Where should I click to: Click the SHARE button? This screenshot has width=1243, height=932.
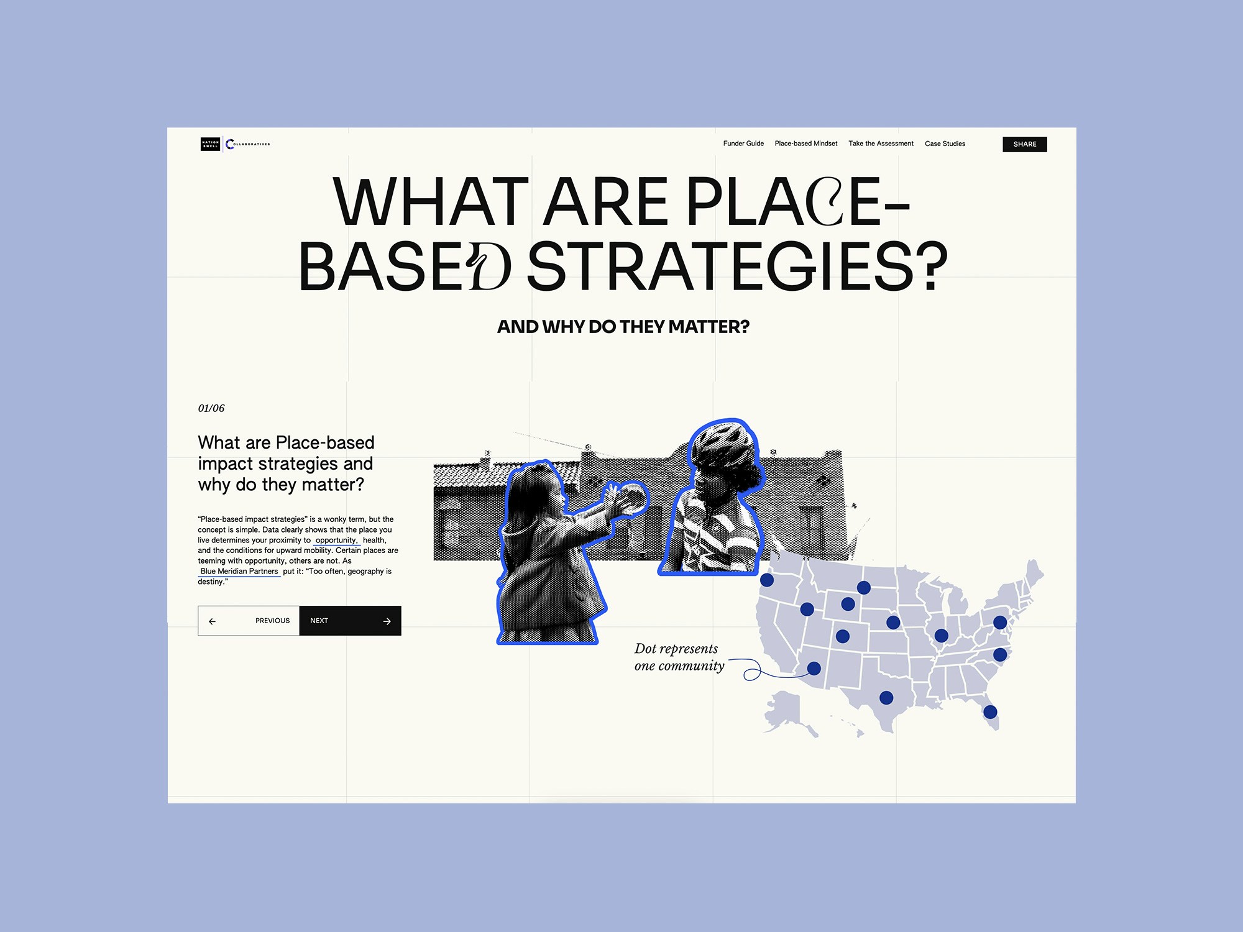tap(1024, 144)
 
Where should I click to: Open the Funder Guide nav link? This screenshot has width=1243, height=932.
tap(743, 144)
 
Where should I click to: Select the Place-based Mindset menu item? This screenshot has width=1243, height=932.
tap(806, 144)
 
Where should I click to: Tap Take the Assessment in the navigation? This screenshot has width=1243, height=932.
tap(881, 144)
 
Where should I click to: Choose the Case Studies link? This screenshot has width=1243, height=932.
tap(945, 144)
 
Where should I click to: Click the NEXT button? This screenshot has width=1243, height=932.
tap(350, 621)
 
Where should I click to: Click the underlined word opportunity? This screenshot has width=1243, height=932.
tap(336, 541)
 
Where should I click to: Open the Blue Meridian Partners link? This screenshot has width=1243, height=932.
tap(239, 572)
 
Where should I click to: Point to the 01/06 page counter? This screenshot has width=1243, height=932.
tap(211, 408)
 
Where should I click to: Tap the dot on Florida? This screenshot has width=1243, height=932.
tap(990, 712)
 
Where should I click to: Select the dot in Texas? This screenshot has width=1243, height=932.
tap(886, 698)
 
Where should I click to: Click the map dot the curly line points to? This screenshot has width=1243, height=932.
tap(814, 669)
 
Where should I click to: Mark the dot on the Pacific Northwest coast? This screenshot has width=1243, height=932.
tap(767, 580)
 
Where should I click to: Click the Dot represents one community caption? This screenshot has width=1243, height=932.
tap(679, 657)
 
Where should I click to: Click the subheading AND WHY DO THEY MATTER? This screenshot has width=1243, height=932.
tap(623, 327)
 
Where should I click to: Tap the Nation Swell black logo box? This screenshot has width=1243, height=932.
tap(210, 144)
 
